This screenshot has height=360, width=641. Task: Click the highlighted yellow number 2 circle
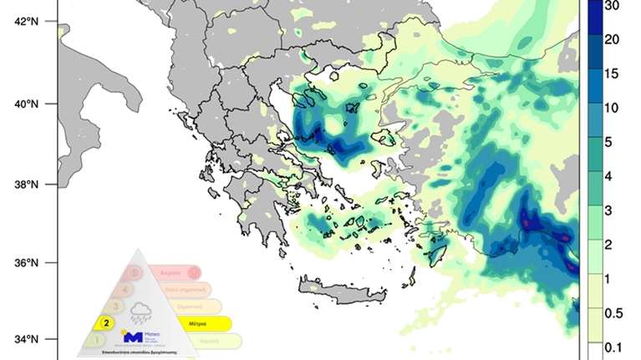(107, 321)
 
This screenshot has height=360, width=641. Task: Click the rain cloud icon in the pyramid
(140, 313)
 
